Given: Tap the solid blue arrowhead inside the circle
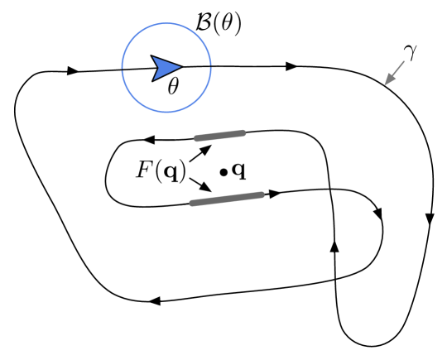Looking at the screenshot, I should coord(166,69).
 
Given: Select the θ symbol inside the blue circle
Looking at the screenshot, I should coord(173,86).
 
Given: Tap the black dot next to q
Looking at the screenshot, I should coord(223,172).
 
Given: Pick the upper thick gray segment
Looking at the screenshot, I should coord(219,135).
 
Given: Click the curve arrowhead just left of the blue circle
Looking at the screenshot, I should coord(72,71).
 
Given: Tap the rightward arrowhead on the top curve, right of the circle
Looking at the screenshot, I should coord(291,65).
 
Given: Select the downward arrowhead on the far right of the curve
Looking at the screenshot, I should coord(430,219).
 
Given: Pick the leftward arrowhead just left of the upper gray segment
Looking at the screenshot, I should coord(149,141).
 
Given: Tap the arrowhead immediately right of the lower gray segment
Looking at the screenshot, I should coord(275,193).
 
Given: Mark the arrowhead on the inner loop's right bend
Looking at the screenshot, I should coord(378,214).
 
